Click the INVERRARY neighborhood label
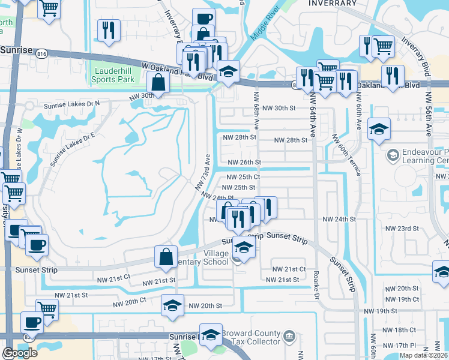point(332,4)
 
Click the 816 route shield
point(41,53)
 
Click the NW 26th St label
point(244,162)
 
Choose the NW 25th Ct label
point(244,177)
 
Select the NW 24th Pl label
point(217,197)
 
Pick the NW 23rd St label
point(402,229)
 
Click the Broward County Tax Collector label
point(250,337)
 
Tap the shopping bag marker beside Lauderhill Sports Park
point(157,83)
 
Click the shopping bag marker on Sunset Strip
point(166,257)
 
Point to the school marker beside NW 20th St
point(172,305)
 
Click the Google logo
point(20,353)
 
